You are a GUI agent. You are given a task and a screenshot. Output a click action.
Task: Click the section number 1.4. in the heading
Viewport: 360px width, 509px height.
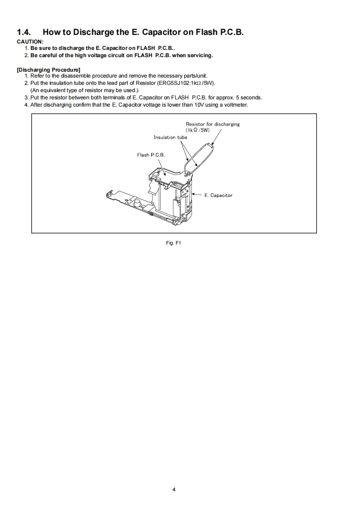point(25,32)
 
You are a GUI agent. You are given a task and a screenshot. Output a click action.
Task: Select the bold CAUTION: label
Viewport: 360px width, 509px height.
point(30,42)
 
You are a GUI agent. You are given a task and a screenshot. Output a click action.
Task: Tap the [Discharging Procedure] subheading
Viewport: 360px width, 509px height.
point(48,69)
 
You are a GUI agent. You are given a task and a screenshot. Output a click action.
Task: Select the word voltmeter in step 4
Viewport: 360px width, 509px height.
point(236,105)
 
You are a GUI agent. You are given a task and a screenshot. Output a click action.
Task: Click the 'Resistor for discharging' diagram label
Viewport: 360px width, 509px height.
point(212,124)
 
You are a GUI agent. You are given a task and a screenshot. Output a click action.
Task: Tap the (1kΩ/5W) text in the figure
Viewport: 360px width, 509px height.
point(198,130)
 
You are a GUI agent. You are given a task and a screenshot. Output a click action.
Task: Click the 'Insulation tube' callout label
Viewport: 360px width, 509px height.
point(170,137)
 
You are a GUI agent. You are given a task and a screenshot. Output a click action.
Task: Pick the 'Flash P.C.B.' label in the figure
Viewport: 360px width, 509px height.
point(151,155)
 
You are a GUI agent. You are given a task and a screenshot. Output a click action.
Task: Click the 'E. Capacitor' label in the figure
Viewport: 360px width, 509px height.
point(218,195)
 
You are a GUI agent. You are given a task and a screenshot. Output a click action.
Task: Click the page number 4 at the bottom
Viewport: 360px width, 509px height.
point(174,489)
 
